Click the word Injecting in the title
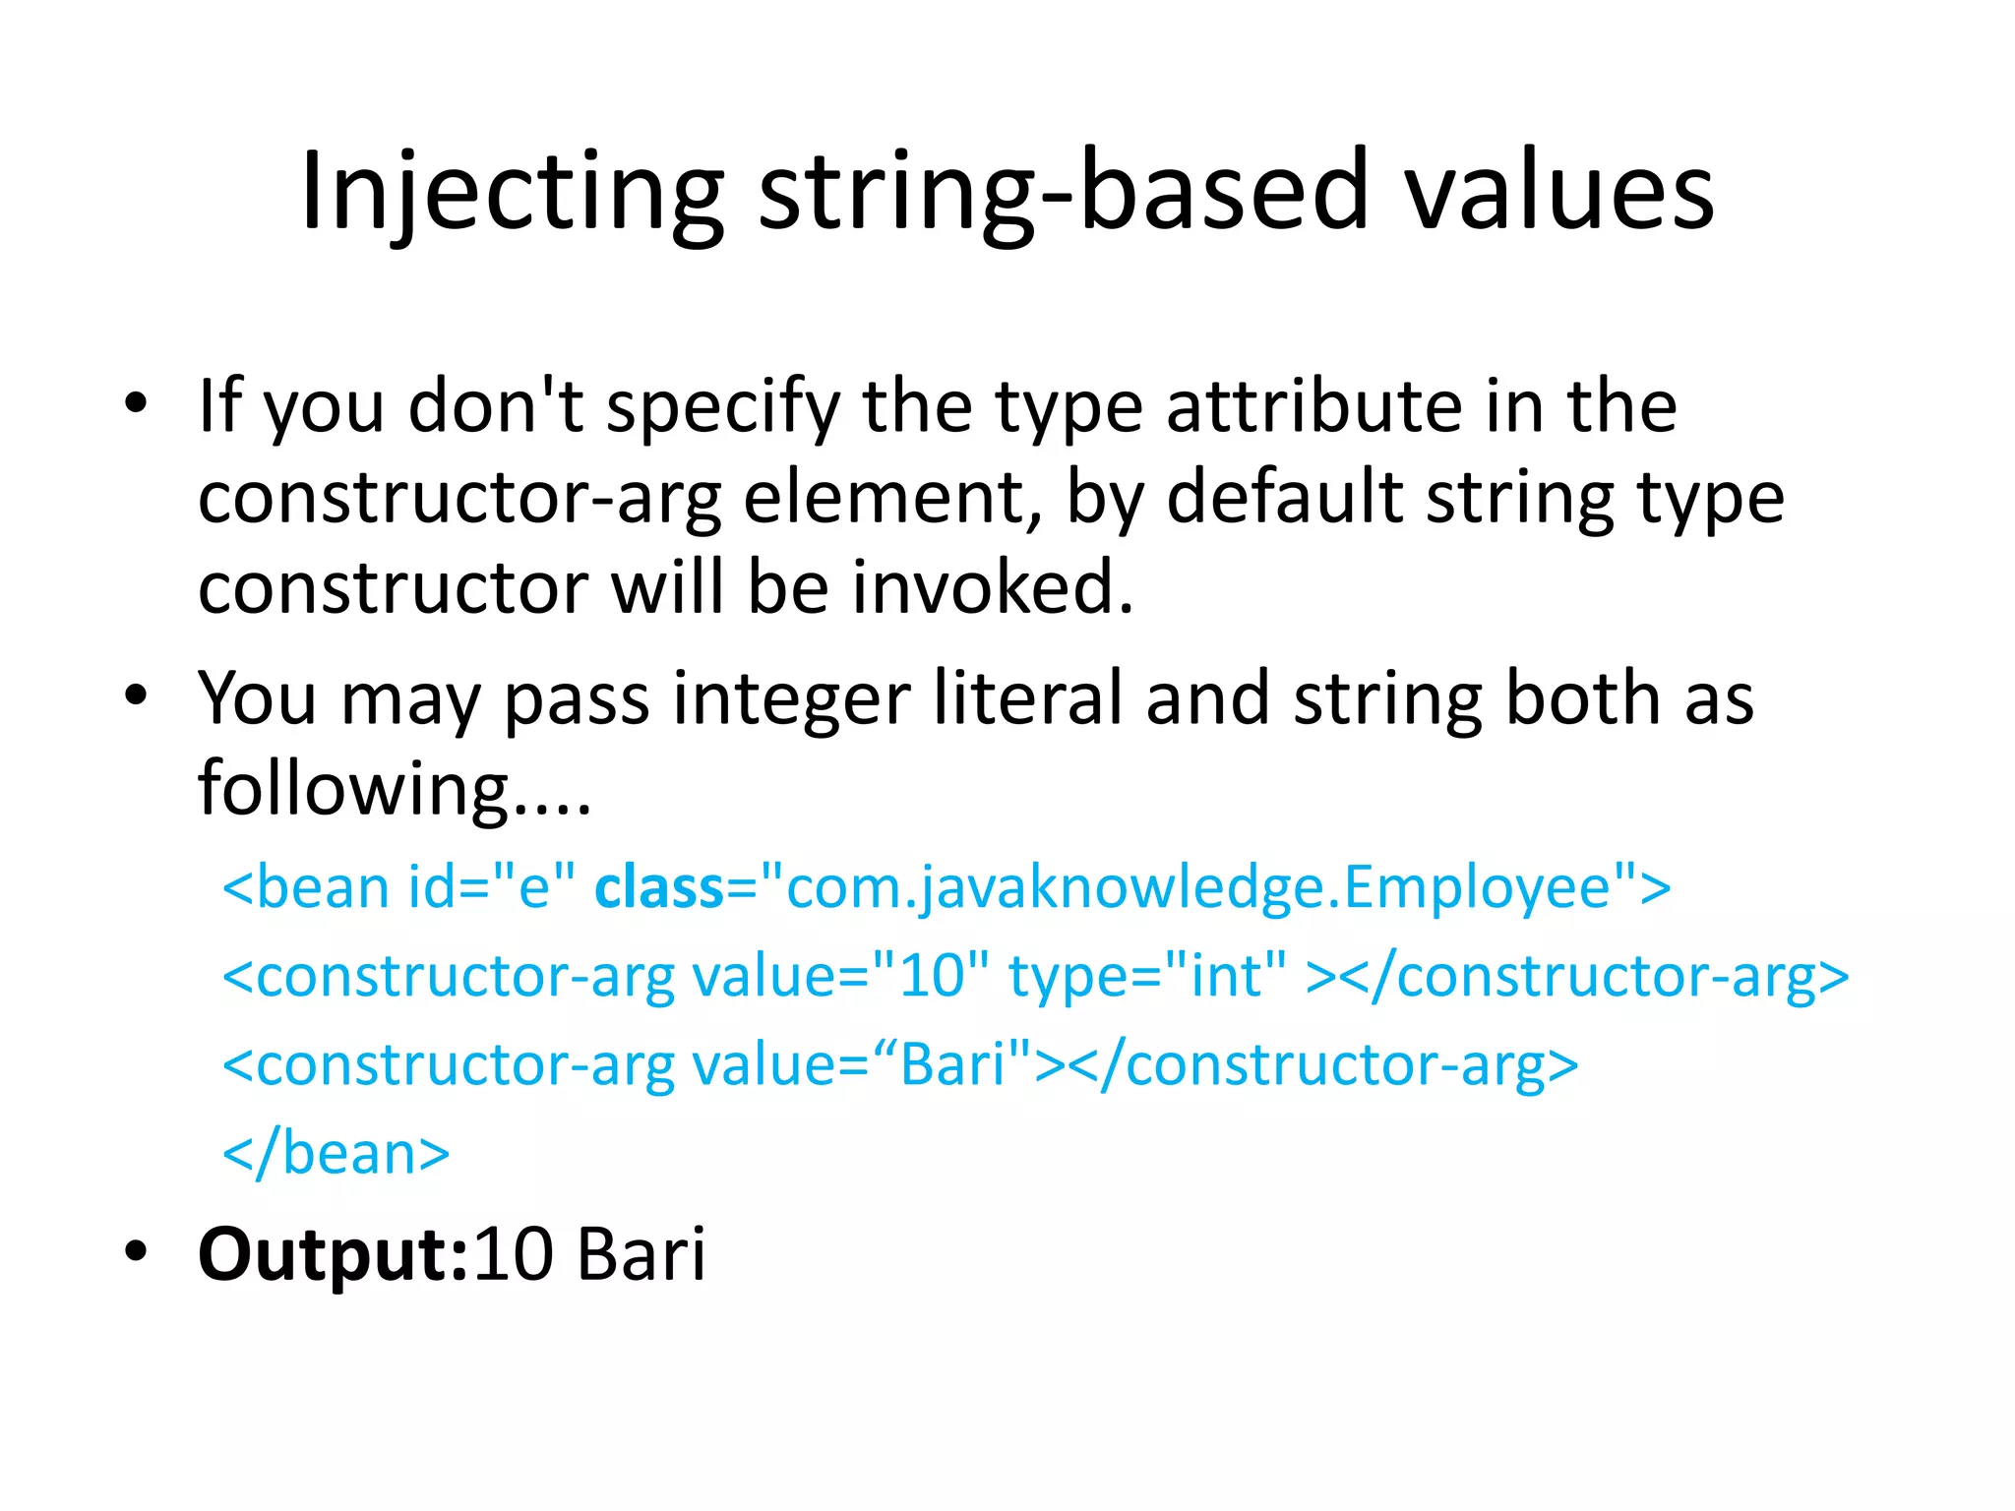coord(513,192)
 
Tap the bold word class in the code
coord(659,887)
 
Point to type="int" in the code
coord(1147,976)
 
